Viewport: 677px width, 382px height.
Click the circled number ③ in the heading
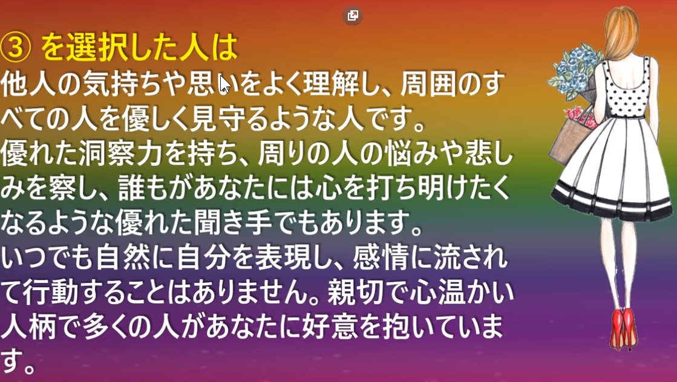tap(16, 47)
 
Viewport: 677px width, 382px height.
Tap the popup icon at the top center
tap(352, 16)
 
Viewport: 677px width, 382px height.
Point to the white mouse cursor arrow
tap(225, 83)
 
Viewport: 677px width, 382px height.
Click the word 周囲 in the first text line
tap(428, 83)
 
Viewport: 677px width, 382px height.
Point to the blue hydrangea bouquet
tap(574, 69)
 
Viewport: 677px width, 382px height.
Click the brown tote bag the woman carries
tap(570, 137)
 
